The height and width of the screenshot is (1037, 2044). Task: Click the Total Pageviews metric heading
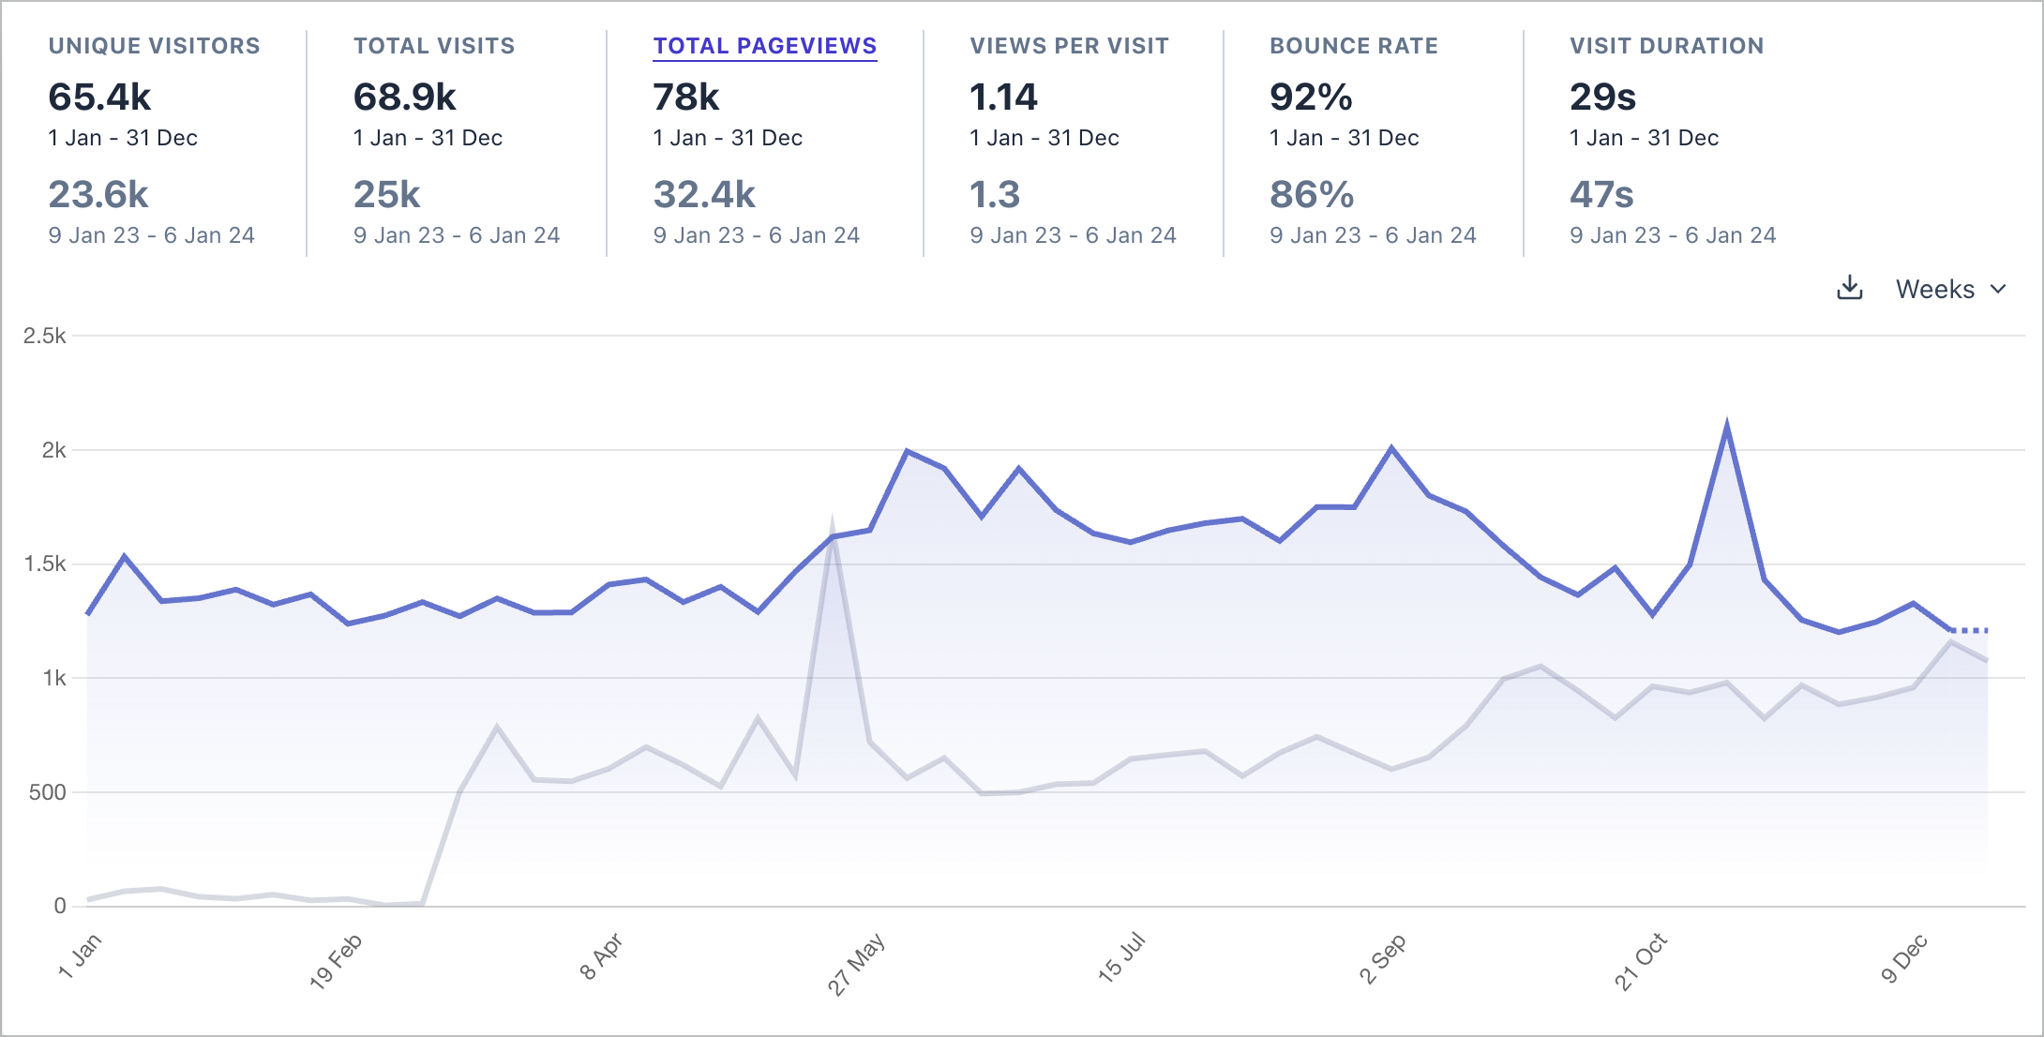pyautogui.click(x=764, y=46)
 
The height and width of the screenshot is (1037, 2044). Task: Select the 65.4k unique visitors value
pyautogui.click(x=99, y=98)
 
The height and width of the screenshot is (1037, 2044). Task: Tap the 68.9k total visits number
pyautogui.click(x=404, y=98)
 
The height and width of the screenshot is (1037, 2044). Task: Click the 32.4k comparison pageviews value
pyautogui.click(x=704, y=195)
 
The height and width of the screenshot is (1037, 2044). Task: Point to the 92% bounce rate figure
pyautogui.click(x=1311, y=98)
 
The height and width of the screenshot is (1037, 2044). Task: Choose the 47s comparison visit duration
pyautogui.click(x=1601, y=195)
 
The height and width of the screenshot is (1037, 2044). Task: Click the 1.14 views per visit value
pyautogui.click(x=1003, y=98)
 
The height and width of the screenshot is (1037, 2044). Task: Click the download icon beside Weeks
pyautogui.click(x=1849, y=288)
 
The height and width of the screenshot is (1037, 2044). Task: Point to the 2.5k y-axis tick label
pyautogui.click(x=44, y=336)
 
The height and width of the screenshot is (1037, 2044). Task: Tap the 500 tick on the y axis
pyautogui.click(x=47, y=792)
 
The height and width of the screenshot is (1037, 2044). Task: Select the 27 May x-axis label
pyautogui.click(x=856, y=964)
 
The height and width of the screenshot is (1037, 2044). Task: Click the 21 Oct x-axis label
pyautogui.click(x=1641, y=961)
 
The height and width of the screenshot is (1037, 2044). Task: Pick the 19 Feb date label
pyautogui.click(x=336, y=961)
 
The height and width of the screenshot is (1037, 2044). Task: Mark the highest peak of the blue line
pyautogui.click(x=1727, y=427)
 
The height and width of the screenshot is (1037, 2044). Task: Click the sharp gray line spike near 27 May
pyautogui.click(x=832, y=521)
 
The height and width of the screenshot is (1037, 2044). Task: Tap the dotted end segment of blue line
pyautogui.click(x=1970, y=630)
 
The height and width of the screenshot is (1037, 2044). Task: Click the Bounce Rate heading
pyautogui.click(x=1353, y=46)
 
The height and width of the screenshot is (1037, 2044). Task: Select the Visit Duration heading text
pyautogui.click(x=1666, y=46)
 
